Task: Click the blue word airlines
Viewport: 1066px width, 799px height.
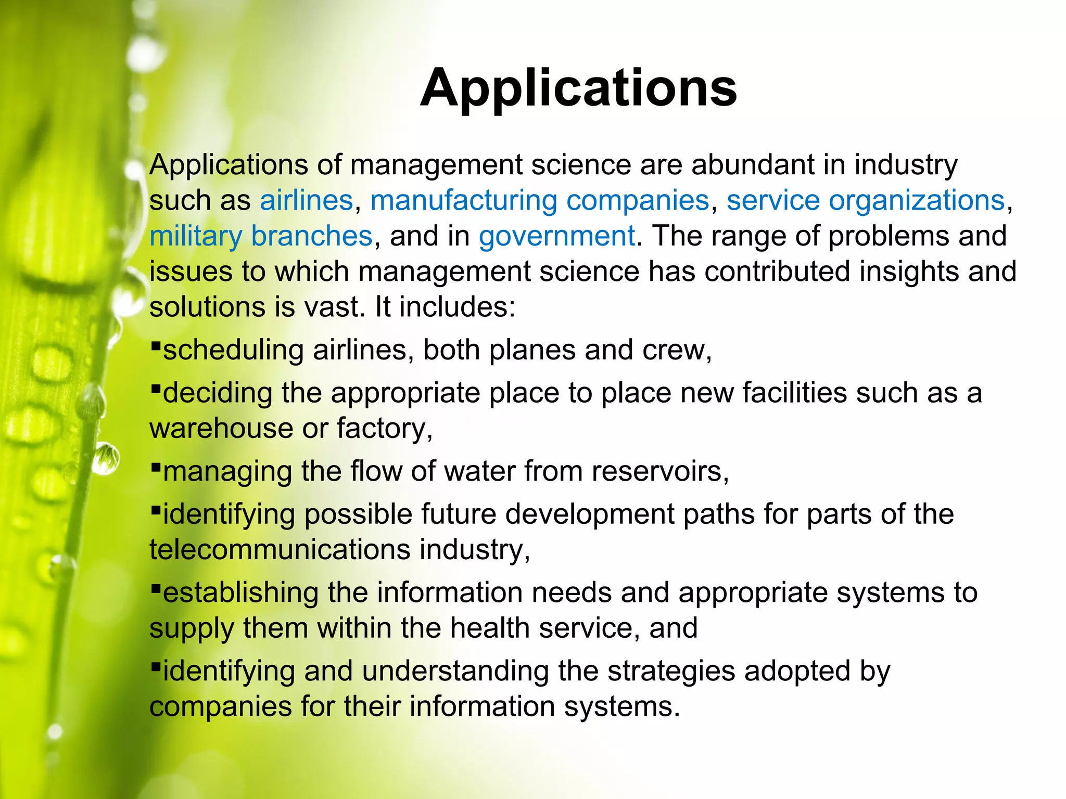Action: (x=307, y=201)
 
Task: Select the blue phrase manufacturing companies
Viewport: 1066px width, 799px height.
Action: (x=540, y=201)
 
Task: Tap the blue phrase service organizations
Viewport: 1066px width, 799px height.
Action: (x=865, y=201)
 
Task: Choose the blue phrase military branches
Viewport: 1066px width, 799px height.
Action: (x=261, y=236)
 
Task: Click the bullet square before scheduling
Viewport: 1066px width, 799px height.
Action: (x=155, y=345)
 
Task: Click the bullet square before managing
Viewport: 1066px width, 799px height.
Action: (x=155, y=466)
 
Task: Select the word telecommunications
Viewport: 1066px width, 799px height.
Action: (x=280, y=550)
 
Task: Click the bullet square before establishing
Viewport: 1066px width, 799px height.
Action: (x=155, y=587)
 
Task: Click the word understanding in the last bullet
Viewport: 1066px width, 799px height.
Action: (x=455, y=672)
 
